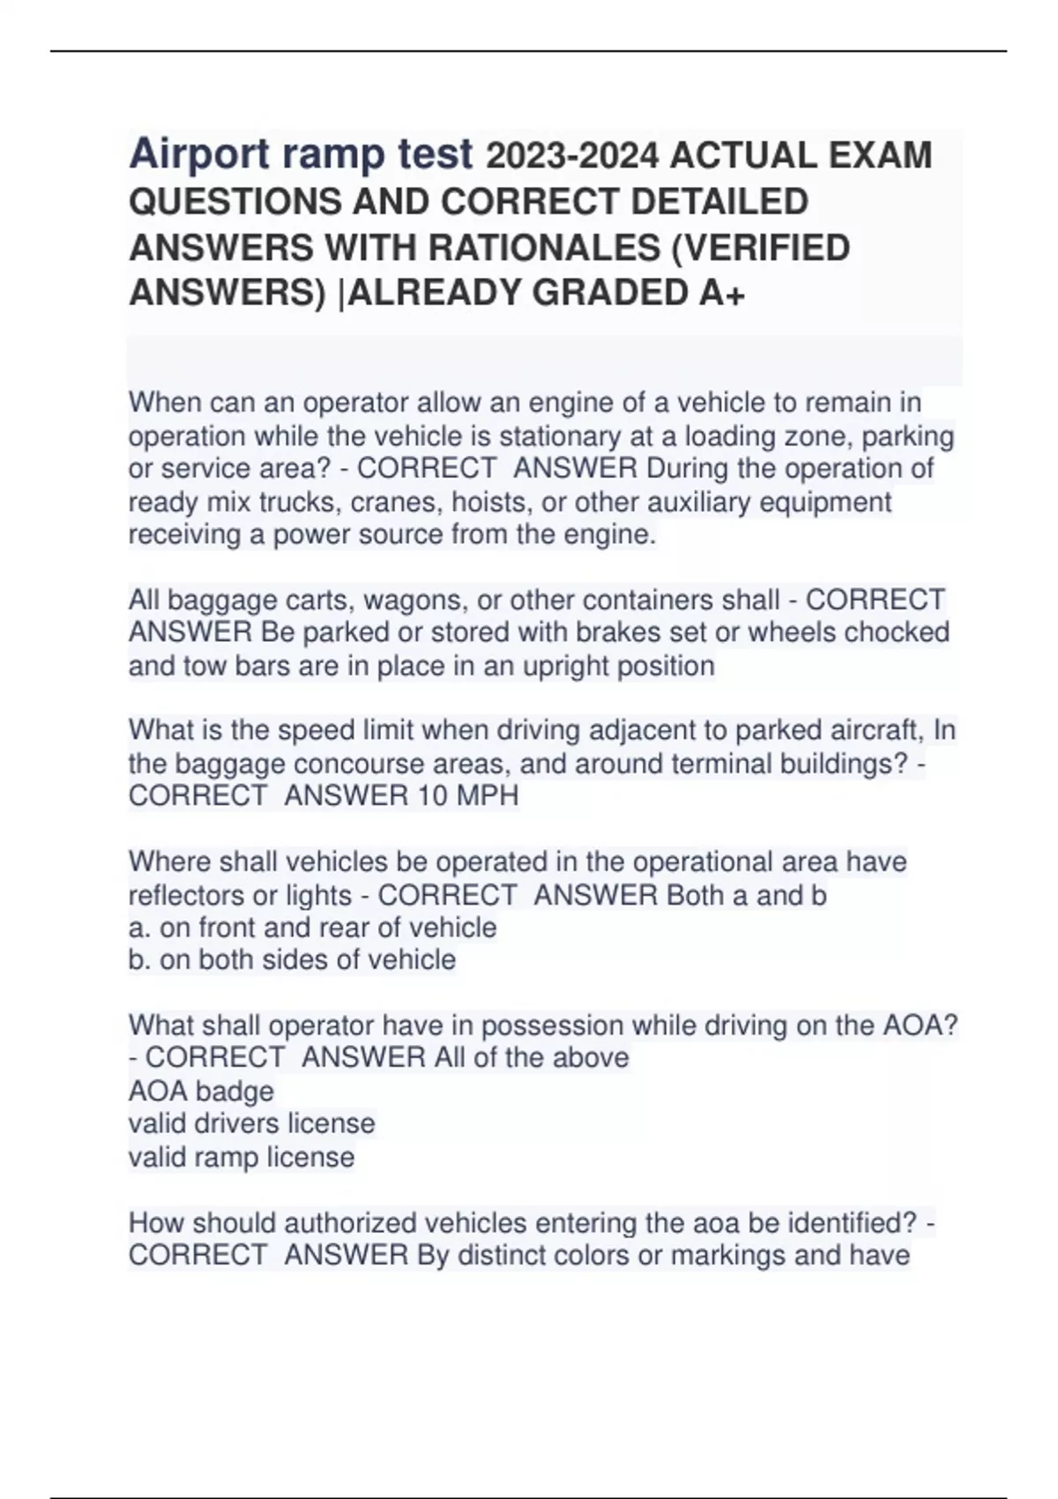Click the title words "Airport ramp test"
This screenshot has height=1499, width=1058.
coord(301,155)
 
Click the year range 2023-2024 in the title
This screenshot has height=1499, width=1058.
coord(572,156)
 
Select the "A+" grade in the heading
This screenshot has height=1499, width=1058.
coord(722,294)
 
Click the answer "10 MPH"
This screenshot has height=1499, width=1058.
coord(468,795)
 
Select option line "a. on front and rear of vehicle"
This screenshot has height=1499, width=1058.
coord(312,927)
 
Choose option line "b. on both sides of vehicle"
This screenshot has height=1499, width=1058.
coord(292,959)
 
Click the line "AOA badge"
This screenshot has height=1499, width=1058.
coord(201,1091)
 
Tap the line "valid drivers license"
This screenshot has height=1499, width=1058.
coord(251,1123)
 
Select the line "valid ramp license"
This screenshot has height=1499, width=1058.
coord(242,1156)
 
